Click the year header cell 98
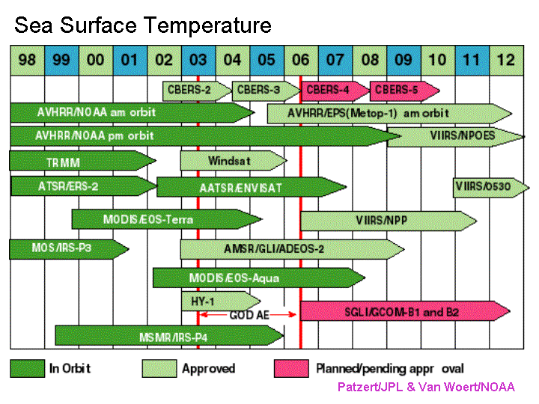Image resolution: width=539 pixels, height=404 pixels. click(28, 60)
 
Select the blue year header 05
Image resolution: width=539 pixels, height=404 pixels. click(267, 60)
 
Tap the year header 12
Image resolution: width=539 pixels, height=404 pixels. click(507, 60)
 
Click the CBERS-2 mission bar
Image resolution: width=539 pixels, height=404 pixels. click(197, 91)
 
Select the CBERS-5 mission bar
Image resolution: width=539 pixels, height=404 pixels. click(404, 91)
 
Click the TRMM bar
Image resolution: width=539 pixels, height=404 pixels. click(82, 161)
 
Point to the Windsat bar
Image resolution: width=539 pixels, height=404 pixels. click(234, 161)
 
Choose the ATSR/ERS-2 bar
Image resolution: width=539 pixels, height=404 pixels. click(84, 186)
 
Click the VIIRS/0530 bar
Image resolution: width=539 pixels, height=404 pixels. click(491, 188)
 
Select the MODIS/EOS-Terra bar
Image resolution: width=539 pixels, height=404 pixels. click(167, 219)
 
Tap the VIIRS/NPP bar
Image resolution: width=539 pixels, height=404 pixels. click(389, 221)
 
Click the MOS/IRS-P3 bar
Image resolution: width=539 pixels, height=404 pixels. click(69, 249)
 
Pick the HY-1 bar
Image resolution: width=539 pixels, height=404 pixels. click(221, 302)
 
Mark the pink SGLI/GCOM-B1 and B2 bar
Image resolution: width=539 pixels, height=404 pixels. click(405, 311)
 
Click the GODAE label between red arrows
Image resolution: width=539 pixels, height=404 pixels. click(249, 315)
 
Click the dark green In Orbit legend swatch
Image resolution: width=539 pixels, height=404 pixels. click(28, 369)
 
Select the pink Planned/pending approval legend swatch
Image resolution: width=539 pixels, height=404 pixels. click(291, 369)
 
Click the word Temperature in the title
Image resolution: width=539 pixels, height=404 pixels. click(207, 25)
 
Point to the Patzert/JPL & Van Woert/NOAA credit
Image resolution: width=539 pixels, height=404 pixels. click(426, 388)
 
